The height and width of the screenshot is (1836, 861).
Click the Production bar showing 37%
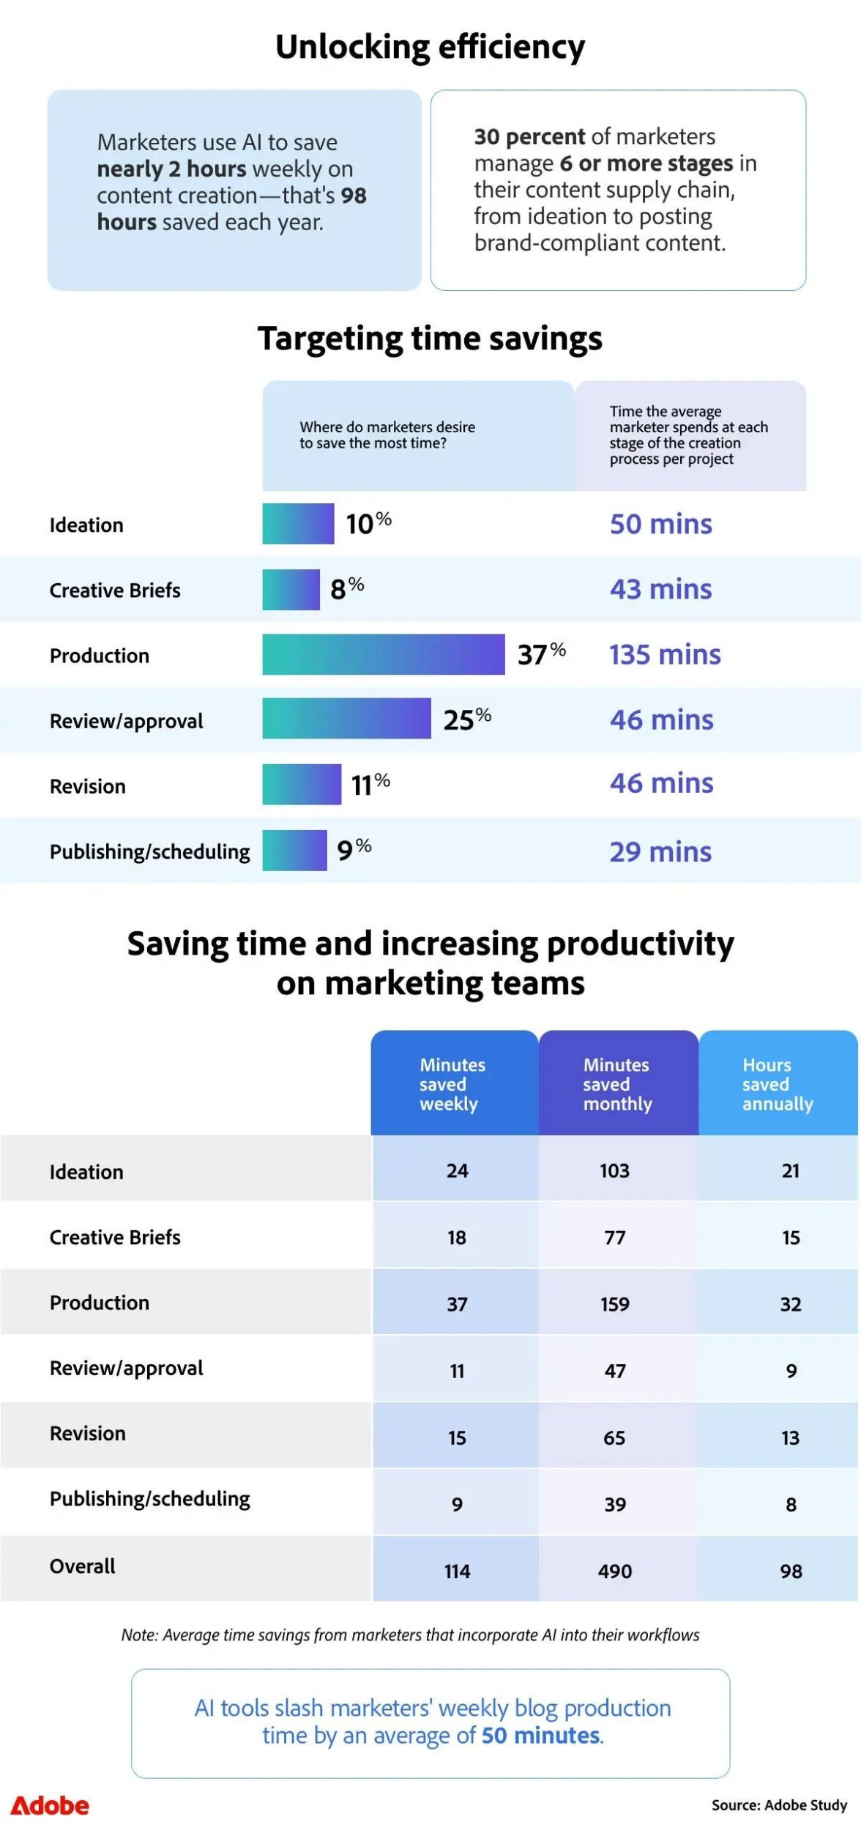point(383,654)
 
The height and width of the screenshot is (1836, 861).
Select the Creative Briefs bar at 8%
point(291,590)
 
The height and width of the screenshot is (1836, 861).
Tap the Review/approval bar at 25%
point(346,719)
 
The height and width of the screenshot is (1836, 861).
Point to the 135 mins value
point(665,655)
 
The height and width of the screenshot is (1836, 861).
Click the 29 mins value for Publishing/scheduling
point(660,852)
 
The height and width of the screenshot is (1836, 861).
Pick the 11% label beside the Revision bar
point(370,785)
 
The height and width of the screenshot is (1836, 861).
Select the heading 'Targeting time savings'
point(430,338)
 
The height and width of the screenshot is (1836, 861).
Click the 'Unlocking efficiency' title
point(430,48)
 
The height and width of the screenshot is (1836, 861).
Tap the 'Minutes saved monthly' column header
point(617,1084)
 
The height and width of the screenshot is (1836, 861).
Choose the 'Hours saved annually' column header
point(777,1084)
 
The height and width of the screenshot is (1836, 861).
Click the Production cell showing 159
point(614,1304)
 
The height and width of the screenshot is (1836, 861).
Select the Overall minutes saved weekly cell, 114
point(457,1572)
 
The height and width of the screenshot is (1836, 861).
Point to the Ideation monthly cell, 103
point(614,1171)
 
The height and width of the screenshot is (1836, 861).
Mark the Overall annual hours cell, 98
point(791,1572)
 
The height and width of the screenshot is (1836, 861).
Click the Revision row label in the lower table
point(88,1434)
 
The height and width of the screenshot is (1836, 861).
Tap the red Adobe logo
point(50,1806)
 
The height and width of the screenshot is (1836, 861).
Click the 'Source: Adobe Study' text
point(779,1805)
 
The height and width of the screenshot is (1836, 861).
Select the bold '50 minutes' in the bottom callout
point(541,1736)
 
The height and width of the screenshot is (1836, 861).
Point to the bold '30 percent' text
point(529,137)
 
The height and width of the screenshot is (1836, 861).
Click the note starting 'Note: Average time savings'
point(410,1635)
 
